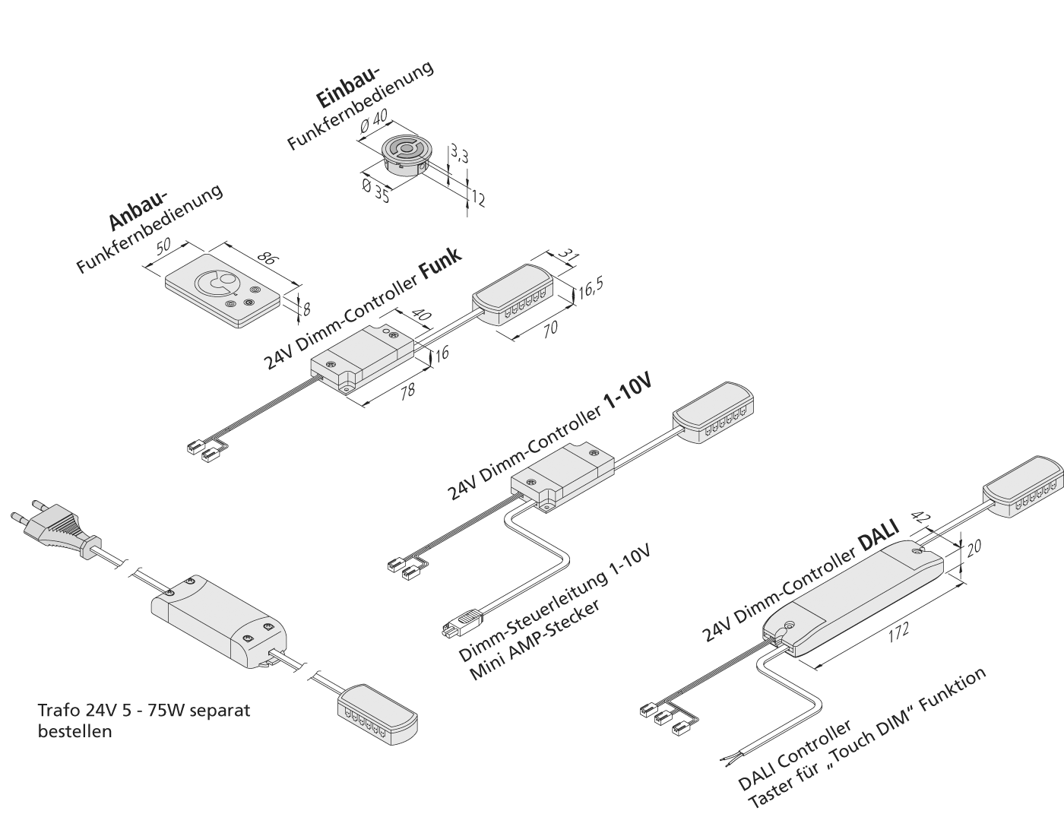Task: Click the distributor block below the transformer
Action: coord(376,711)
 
